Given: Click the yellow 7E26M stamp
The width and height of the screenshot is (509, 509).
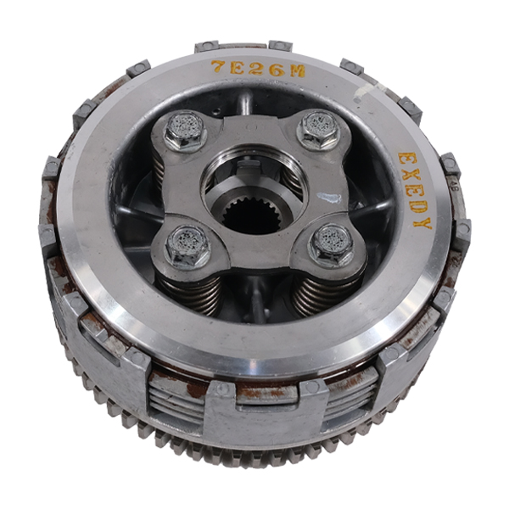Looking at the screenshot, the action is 258,70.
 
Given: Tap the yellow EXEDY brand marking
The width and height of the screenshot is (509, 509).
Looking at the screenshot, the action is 415,190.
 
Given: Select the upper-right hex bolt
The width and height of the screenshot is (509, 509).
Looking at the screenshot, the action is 316,129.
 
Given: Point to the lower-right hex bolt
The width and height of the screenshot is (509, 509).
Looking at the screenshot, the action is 331,244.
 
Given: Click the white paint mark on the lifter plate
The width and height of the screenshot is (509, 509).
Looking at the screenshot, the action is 328,198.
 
